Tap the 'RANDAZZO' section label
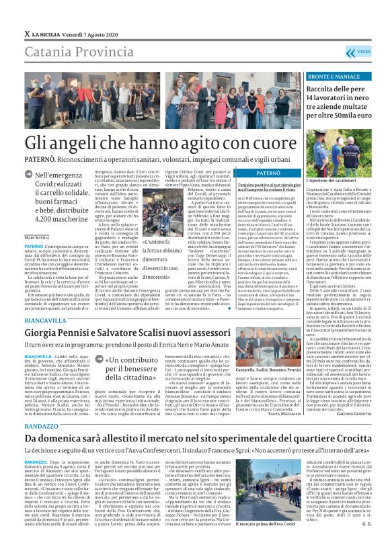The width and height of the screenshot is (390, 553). point(42,426)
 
